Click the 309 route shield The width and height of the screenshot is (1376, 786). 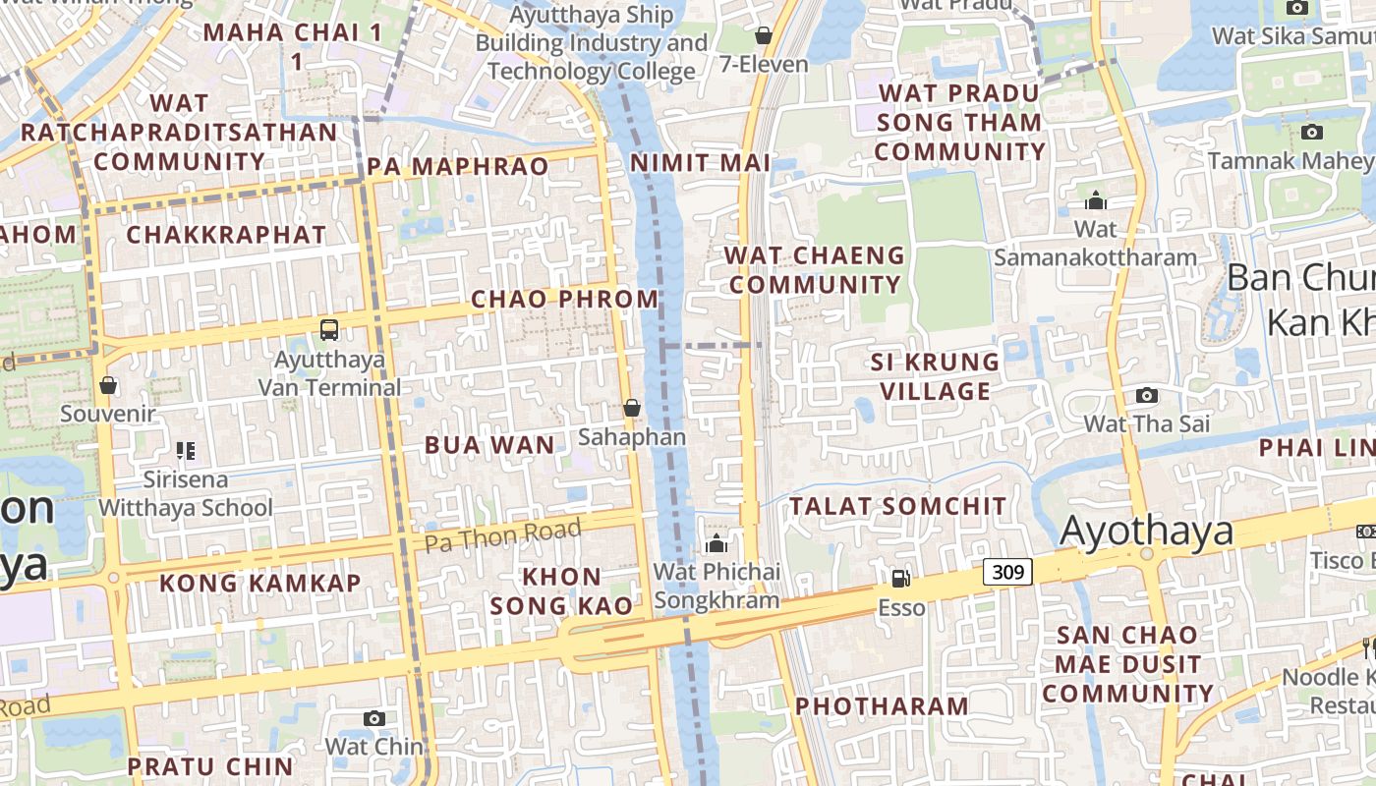click(x=1007, y=571)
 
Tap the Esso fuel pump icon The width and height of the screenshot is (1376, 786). click(x=900, y=579)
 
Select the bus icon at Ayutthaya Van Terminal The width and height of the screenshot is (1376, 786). click(x=329, y=330)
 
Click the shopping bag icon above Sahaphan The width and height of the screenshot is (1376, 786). click(x=632, y=407)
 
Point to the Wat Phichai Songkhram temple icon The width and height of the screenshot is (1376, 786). click(x=717, y=543)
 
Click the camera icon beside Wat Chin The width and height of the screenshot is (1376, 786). click(x=373, y=718)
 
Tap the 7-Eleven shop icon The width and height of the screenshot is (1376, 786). click(x=763, y=36)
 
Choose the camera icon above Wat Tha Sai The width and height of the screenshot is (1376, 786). click(x=1146, y=395)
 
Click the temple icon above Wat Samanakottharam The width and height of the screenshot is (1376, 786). click(x=1095, y=201)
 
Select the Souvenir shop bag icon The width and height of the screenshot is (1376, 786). click(x=108, y=385)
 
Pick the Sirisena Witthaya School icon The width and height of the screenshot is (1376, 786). click(x=186, y=451)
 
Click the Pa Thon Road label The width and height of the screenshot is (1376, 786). click(x=503, y=535)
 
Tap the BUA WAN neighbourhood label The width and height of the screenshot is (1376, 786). click(x=489, y=445)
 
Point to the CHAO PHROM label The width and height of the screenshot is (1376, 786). click(x=564, y=299)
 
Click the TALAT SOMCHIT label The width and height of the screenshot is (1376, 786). click(x=898, y=506)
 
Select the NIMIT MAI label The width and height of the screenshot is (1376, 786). click(x=700, y=163)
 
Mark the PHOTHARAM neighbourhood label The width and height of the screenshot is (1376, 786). click(x=882, y=705)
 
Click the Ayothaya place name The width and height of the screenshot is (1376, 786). click(x=1147, y=531)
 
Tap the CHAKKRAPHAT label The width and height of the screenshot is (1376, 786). click(x=226, y=235)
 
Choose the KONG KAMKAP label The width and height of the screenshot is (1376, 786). click(x=260, y=583)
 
